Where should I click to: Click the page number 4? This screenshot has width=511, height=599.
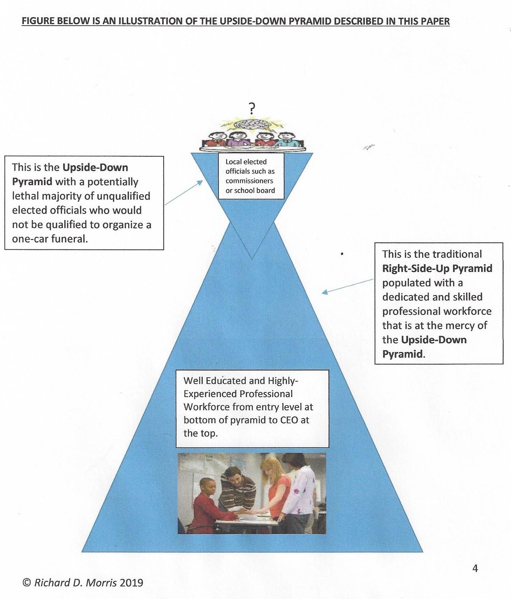(x=475, y=568)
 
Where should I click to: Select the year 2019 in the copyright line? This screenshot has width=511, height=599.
(x=131, y=583)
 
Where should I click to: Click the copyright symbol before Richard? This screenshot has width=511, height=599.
(x=27, y=583)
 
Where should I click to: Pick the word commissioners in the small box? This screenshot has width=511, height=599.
(x=249, y=181)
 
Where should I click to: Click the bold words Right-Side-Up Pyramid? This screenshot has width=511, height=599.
(x=437, y=268)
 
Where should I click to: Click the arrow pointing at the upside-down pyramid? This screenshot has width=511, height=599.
(x=184, y=192)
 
